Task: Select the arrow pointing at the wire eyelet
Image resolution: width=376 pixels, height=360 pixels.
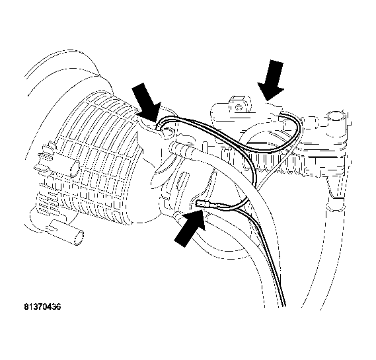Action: [x=147, y=102]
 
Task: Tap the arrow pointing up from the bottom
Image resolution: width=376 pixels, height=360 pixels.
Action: [x=190, y=228]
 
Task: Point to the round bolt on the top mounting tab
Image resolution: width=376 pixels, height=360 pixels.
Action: [x=239, y=107]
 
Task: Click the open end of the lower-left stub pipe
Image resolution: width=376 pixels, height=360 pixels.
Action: [x=79, y=238]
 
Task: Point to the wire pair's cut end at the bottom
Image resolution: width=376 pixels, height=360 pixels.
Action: [x=283, y=305]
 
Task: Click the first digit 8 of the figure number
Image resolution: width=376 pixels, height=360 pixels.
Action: [x=26, y=306]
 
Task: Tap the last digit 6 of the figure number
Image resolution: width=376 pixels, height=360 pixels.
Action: [x=58, y=306]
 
